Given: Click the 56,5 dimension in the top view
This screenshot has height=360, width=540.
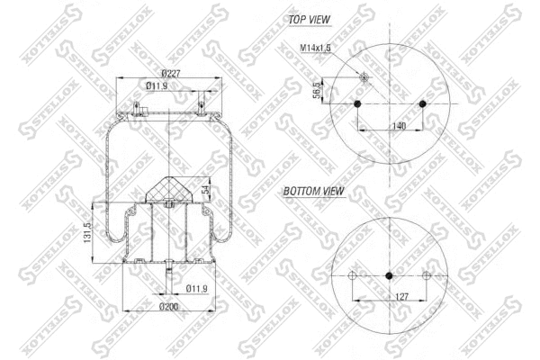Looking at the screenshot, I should (317, 92).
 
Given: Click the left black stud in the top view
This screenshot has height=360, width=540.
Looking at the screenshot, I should (357, 104).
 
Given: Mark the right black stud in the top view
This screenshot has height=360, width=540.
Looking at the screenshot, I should (423, 104).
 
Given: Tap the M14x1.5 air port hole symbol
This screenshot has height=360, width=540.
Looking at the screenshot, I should (364, 76).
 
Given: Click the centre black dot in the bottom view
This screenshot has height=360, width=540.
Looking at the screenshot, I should (389, 275).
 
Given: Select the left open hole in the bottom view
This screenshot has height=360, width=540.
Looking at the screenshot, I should (355, 275).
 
